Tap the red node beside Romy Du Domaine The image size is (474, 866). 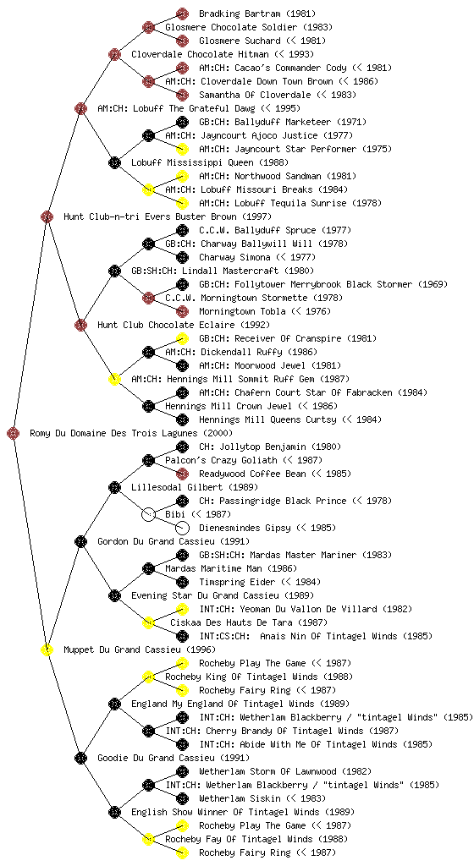click(14, 434)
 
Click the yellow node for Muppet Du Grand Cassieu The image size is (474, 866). click(47, 649)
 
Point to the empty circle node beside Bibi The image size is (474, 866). click(148, 514)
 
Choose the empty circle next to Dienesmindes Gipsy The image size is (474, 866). click(182, 528)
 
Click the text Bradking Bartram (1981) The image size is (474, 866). click(257, 14)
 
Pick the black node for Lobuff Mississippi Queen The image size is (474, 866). click(114, 162)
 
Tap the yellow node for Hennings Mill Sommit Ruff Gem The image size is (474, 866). click(114, 379)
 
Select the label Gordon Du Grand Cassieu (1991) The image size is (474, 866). click(174, 541)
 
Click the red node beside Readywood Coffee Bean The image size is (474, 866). click(182, 474)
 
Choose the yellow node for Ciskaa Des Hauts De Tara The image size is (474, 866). click(148, 622)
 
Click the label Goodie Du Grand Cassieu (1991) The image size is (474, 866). click(174, 758)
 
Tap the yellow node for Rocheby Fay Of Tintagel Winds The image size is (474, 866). click(148, 839)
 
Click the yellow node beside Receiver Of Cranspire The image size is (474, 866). click(182, 338)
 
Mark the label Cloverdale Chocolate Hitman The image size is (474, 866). click(200, 54)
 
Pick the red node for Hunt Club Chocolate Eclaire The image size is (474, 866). click(80, 325)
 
